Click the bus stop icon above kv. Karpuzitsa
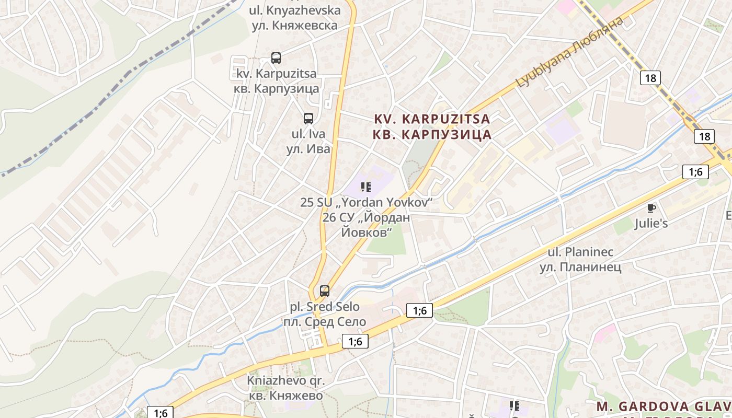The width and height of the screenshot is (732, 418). [276, 58]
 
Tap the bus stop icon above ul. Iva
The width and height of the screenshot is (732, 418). [308, 119]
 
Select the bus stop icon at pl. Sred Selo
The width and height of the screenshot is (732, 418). [325, 291]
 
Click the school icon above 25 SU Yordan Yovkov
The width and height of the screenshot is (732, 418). [366, 187]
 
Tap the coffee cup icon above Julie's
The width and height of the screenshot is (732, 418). [651, 208]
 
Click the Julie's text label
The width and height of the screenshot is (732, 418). [651, 224]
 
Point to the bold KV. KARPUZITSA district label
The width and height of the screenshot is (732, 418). [432, 119]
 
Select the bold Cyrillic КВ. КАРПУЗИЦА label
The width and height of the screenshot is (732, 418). [432, 135]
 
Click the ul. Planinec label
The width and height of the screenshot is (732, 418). [580, 252]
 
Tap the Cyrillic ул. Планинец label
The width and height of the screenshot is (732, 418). [580, 267]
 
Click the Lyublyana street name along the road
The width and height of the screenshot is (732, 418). [569, 51]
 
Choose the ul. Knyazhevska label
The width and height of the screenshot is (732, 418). [294, 10]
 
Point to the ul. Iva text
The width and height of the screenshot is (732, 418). [308, 133]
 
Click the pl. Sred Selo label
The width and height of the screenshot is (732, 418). [325, 306]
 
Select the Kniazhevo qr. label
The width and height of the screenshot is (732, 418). [285, 380]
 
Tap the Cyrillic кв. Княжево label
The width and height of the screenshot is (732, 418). [285, 396]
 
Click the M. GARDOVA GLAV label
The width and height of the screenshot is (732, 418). [664, 407]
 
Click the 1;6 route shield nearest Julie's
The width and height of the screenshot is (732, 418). [695, 171]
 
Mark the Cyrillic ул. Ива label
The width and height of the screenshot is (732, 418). [308, 149]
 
